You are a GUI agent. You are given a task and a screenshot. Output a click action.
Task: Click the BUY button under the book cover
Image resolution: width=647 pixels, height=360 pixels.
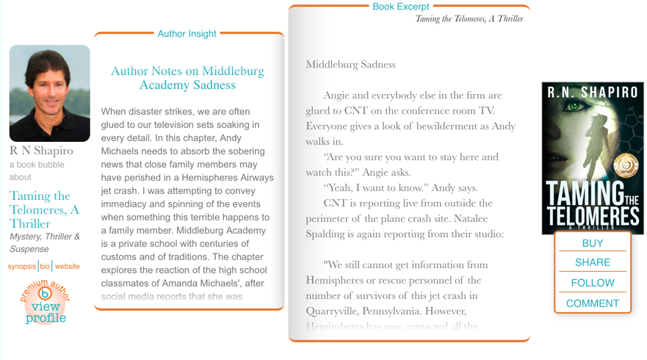click(x=592, y=243)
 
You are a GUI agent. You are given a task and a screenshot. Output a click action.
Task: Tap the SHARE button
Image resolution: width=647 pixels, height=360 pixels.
click(x=592, y=262)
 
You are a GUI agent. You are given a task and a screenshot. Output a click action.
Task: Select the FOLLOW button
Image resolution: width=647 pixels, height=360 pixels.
click(x=592, y=283)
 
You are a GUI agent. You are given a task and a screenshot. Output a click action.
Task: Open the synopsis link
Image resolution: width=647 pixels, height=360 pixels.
click(x=22, y=267)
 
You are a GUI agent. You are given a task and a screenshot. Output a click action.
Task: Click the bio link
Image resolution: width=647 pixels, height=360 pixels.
click(x=45, y=267)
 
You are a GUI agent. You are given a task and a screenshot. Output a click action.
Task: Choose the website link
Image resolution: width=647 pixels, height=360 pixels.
click(x=68, y=267)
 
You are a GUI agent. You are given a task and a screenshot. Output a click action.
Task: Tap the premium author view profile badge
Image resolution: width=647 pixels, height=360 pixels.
click(x=46, y=302)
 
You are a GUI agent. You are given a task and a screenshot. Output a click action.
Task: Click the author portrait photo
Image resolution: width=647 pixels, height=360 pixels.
click(x=49, y=93)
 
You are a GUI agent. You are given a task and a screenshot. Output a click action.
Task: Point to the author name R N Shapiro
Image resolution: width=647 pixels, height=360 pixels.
click(x=41, y=151)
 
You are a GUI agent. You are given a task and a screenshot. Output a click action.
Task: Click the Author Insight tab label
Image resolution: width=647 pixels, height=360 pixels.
click(x=187, y=34)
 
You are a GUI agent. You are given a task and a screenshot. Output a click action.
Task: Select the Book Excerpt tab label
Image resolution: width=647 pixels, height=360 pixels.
click(x=400, y=7)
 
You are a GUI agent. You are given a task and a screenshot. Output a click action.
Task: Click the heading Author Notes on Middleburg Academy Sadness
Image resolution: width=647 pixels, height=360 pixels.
click(x=187, y=78)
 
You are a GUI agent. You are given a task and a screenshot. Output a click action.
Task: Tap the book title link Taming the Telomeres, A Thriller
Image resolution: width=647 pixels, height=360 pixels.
click(x=44, y=209)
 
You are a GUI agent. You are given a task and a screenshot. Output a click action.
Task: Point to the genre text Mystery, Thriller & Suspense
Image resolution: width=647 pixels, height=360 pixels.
click(x=45, y=242)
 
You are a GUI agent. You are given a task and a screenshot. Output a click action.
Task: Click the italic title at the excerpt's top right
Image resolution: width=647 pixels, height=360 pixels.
click(x=469, y=19)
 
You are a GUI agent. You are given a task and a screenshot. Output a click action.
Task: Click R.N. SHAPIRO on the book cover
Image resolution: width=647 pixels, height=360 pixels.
click(x=593, y=93)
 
